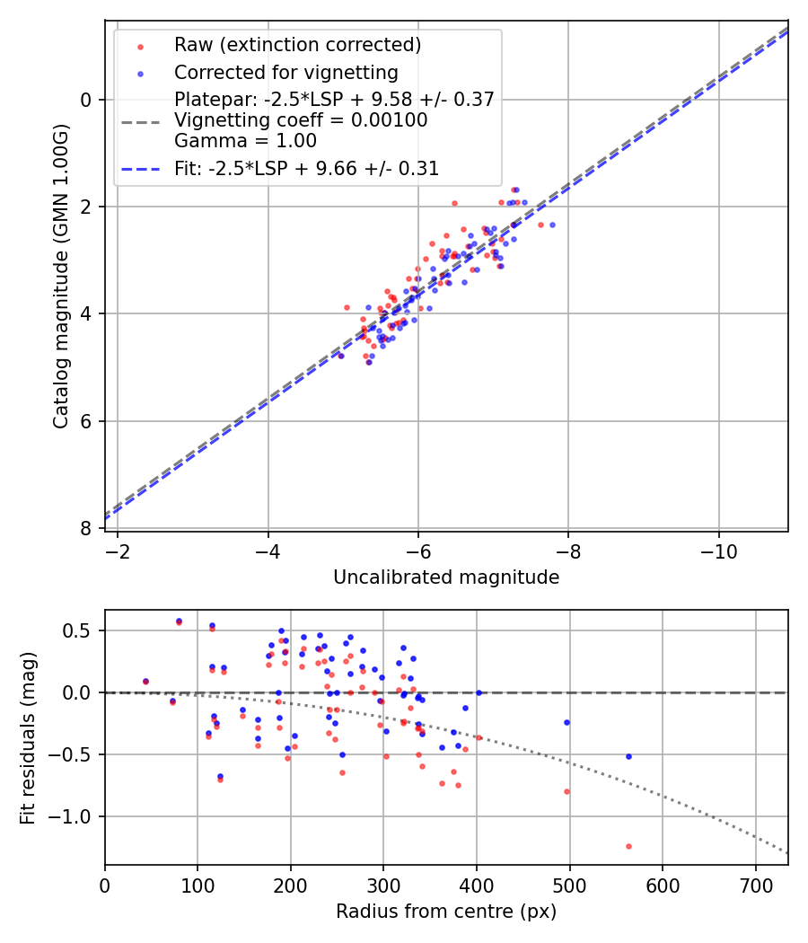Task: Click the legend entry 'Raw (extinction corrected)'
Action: coord(297,44)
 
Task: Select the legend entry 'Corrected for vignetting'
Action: coord(285,72)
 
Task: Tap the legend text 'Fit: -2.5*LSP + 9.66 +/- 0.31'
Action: coord(306,169)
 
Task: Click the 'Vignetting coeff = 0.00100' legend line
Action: coord(301,120)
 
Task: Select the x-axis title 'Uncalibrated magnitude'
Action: coord(446,577)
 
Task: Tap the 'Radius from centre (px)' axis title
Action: coord(446,912)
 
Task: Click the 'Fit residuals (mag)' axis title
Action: coord(28,737)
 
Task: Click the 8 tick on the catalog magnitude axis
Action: coord(87,528)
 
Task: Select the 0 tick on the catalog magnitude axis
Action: coord(87,100)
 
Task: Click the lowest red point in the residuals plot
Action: coord(628,846)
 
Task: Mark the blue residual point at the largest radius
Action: coord(628,756)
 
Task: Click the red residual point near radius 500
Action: coord(566,791)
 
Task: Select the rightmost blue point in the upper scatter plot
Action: coord(552,225)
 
